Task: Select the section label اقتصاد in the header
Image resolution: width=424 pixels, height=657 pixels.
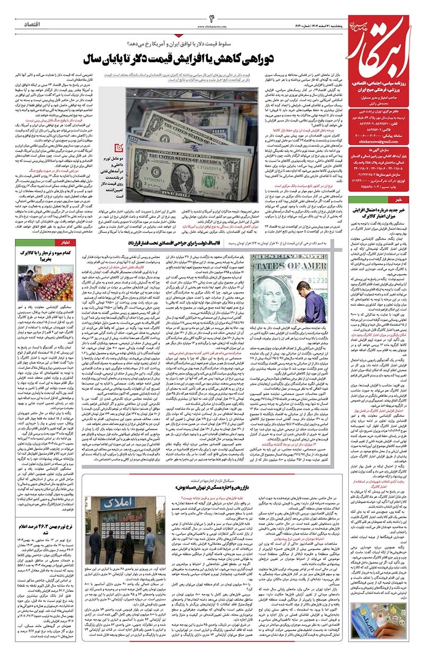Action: (36, 24)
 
